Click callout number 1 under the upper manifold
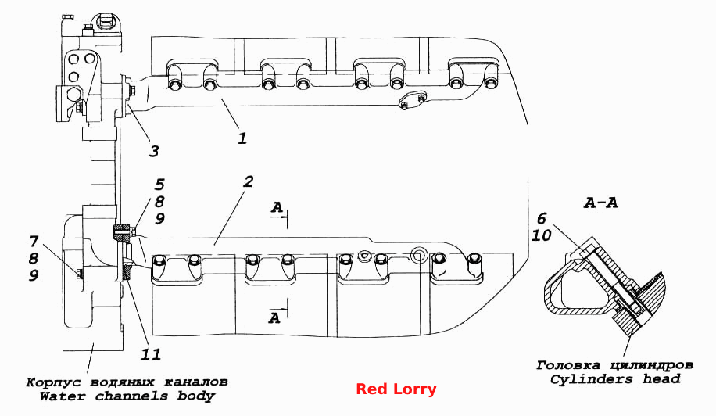242,138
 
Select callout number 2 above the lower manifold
248,181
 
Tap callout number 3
154,151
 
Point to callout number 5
159,185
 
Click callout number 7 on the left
34,241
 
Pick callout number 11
152,354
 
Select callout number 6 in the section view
542,219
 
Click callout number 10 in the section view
542,235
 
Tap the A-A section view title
601,203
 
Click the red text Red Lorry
396,389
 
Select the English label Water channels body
127,396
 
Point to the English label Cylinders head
615,379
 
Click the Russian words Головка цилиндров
615,365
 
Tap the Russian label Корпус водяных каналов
127,382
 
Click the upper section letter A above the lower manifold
277,208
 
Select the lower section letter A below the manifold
274,317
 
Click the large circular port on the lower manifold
418,255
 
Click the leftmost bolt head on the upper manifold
174,85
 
